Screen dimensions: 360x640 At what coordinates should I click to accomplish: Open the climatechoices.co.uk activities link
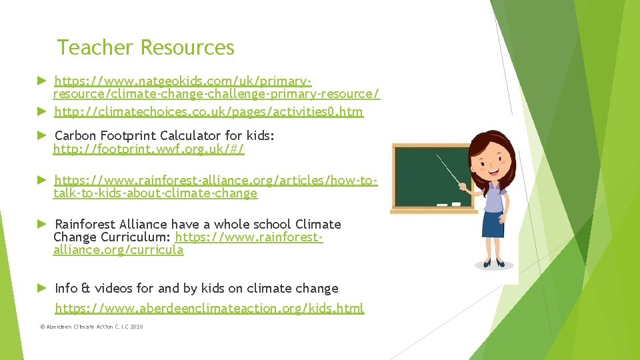pos(209,112)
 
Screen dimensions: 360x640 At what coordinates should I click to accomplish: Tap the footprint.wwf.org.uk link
pos(149,149)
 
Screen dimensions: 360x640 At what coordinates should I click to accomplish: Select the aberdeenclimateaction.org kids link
pos(209,308)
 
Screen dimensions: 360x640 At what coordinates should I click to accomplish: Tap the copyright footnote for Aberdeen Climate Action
pos(91,327)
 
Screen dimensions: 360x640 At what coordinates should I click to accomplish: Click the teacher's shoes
pos(493,264)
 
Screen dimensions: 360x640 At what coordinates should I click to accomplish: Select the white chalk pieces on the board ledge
pos(449,203)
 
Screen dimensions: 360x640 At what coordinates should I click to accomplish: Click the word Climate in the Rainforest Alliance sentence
pos(318,225)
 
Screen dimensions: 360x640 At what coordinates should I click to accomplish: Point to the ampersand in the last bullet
pos(85,289)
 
